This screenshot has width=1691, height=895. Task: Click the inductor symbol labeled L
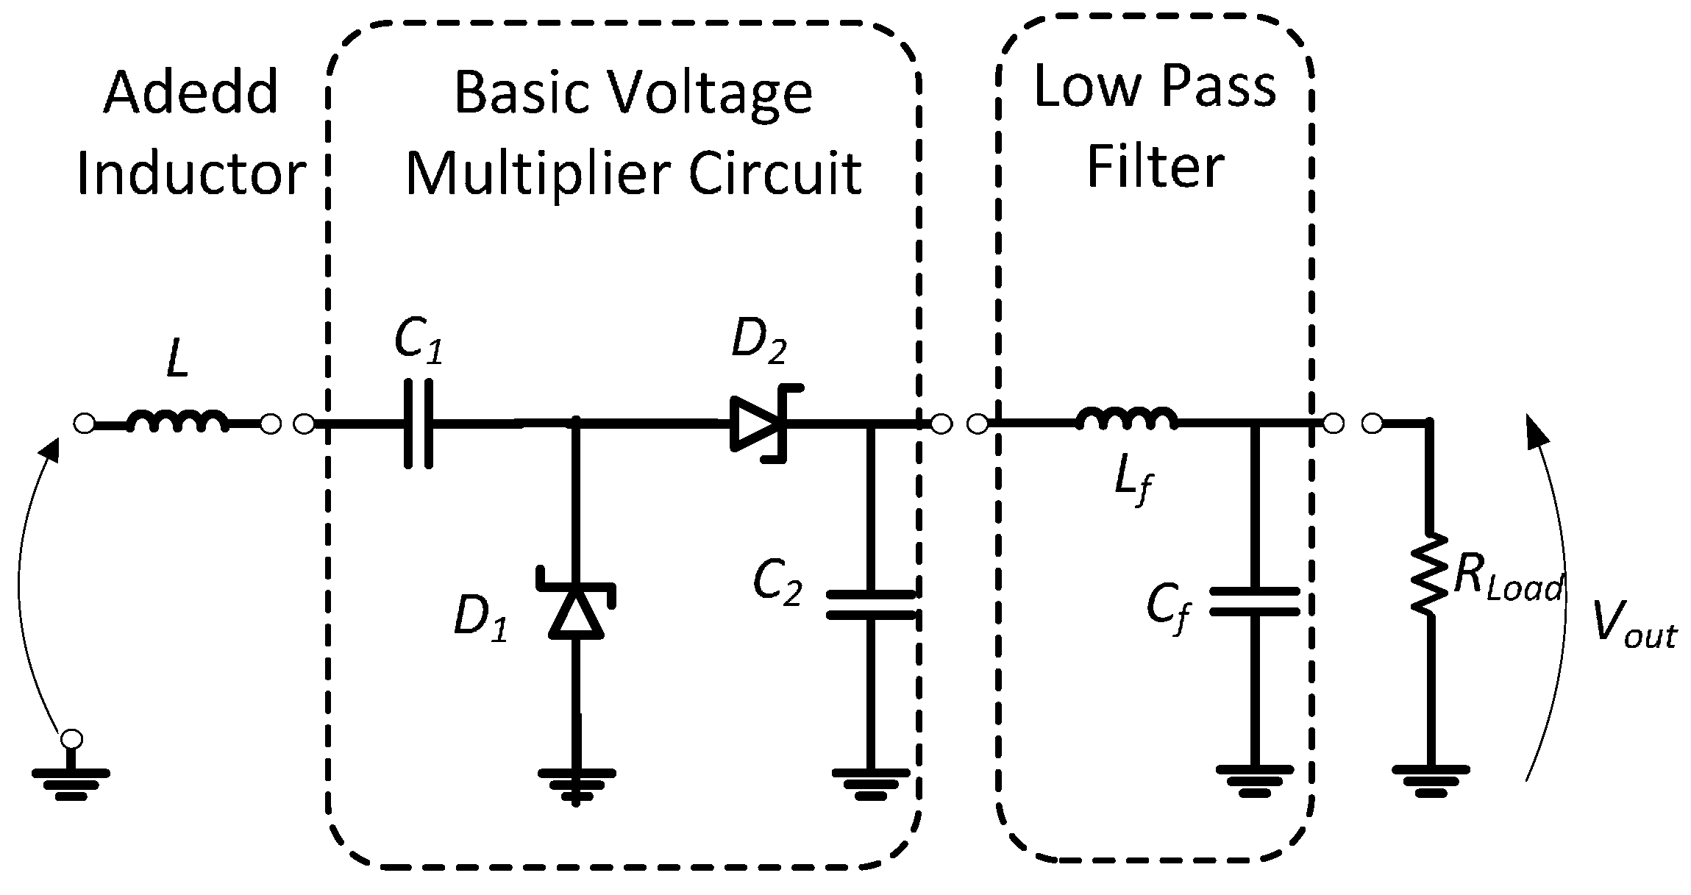[177, 421]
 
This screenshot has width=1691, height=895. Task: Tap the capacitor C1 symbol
[419, 424]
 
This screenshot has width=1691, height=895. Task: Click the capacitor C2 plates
[871, 605]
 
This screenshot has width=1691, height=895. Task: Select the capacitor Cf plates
[1255, 601]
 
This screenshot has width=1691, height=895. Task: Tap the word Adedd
[191, 93]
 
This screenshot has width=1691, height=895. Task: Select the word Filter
[1155, 166]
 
